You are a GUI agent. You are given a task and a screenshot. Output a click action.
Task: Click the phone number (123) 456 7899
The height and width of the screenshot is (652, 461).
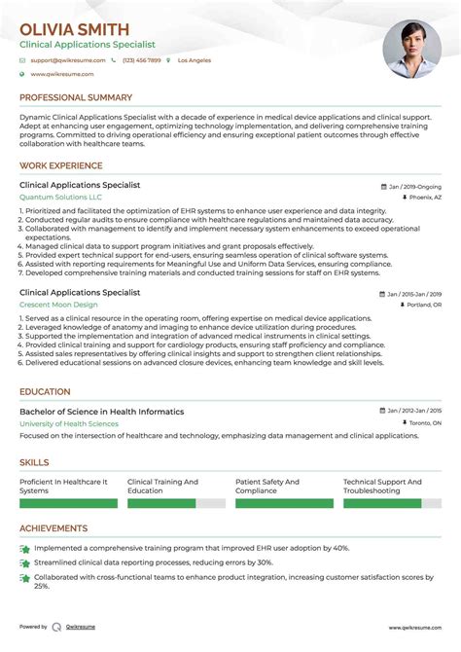[142, 60]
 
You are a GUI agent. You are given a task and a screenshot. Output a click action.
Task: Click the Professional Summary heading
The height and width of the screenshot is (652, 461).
[76, 97]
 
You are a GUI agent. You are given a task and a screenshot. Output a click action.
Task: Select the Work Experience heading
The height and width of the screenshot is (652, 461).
[60, 164]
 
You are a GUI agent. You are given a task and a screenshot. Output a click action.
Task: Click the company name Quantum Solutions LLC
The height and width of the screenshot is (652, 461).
[60, 197]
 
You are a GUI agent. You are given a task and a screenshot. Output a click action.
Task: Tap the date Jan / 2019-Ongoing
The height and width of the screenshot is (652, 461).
[412, 185]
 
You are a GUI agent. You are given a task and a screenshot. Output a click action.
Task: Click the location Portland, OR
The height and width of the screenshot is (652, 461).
[423, 305]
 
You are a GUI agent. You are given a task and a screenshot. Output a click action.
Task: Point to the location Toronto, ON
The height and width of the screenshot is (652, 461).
[424, 424]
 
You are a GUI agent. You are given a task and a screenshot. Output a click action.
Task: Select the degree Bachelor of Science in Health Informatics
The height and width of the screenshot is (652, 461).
[101, 412]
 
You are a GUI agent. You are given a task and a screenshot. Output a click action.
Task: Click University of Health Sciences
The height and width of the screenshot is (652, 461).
[69, 424]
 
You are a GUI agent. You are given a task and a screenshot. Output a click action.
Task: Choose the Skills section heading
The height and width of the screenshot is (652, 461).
[36, 463]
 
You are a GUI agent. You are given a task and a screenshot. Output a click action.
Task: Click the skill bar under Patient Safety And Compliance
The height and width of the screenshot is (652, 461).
[279, 504]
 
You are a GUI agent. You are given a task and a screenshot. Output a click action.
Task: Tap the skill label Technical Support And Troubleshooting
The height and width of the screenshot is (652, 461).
[382, 487]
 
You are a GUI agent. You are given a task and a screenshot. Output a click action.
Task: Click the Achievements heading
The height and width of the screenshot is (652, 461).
[53, 528]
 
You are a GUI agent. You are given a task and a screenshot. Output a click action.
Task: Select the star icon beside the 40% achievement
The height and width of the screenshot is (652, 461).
[24, 549]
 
